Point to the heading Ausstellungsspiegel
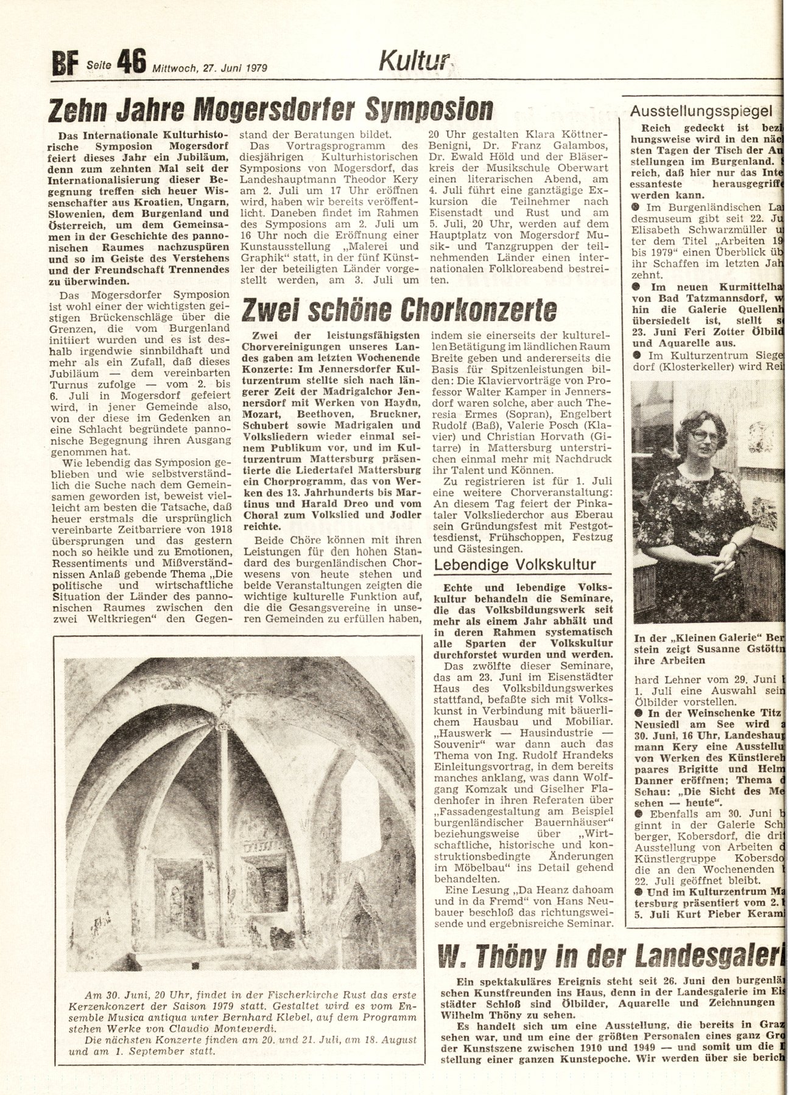(701, 111)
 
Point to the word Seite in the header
(99, 64)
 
